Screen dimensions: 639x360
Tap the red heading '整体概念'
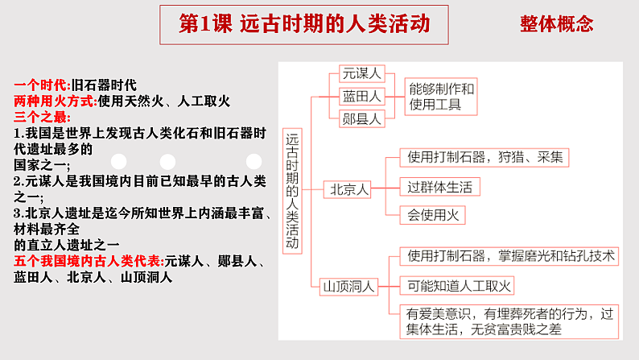point(557,24)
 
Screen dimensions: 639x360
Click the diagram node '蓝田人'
point(362,96)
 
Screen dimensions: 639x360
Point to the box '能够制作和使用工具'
point(442,96)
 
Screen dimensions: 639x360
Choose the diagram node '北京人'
point(349,190)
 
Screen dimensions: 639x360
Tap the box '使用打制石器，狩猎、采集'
point(485,157)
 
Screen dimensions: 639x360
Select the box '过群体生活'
point(439,187)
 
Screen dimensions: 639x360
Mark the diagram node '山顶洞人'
point(344,285)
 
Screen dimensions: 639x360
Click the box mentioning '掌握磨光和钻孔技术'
point(510,256)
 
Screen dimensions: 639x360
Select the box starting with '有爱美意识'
point(510,321)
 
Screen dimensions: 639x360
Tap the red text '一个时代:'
point(43,85)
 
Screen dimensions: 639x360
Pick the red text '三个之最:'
point(43,117)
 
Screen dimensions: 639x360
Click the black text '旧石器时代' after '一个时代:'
point(105,85)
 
